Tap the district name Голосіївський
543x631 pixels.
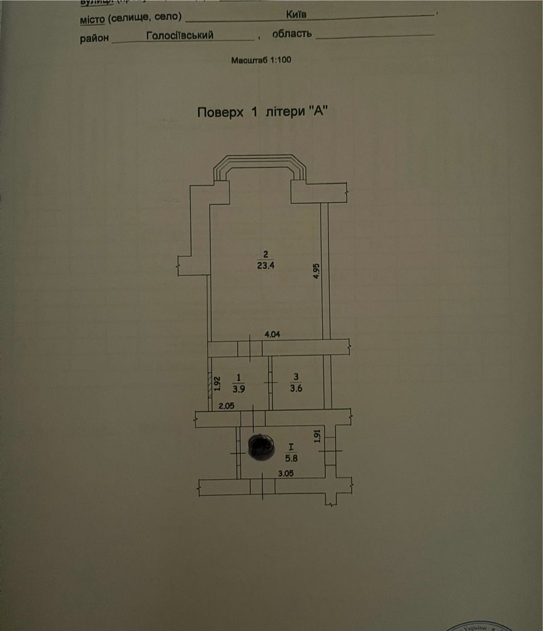(x=180, y=36)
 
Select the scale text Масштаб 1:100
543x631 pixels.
(x=261, y=60)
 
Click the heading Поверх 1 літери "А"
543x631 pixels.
(x=264, y=112)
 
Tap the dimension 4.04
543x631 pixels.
(x=272, y=334)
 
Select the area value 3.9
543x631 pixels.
(x=239, y=388)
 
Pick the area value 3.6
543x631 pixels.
(x=296, y=388)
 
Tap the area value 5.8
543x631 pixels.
(x=291, y=457)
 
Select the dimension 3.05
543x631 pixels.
(x=289, y=473)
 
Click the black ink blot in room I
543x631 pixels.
(x=259, y=446)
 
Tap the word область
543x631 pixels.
(x=292, y=33)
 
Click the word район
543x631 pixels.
(x=94, y=38)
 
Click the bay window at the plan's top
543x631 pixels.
(x=259, y=165)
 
